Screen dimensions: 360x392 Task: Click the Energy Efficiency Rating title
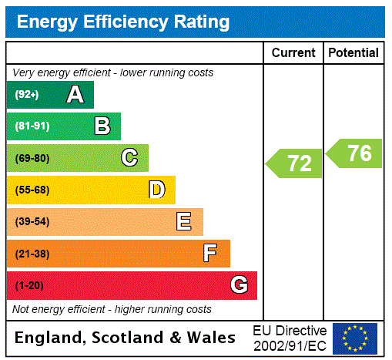click(x=123, y=22)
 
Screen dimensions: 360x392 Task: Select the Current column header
click(x=293, y=53)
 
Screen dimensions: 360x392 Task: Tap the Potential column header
click(x=353, y=53)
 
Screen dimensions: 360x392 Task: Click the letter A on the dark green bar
click(x=75, y=95)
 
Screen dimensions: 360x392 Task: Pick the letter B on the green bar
click(x=102, y=126)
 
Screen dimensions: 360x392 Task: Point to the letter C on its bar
click(x=129, y=158)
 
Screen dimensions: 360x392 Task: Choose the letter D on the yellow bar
click(x=156, y=190)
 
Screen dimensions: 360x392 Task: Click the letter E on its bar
click(x=184, y=222)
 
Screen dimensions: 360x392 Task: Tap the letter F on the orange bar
click(x=210, y=254)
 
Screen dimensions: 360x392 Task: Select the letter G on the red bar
click(x=239, y=286)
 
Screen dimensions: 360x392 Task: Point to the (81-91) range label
click(x=32, y=126)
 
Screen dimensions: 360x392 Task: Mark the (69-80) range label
click(x=32, y=158)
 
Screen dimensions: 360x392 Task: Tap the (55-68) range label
click(x=32, y=190)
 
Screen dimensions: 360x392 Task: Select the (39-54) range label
click(x=32, y=222)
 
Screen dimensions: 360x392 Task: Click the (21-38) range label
click(x=32, y=254)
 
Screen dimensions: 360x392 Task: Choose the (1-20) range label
click(x=29, y=286)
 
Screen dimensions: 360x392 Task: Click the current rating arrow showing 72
click(x=295, y=163)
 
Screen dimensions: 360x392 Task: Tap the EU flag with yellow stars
click(x=355, y=338)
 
